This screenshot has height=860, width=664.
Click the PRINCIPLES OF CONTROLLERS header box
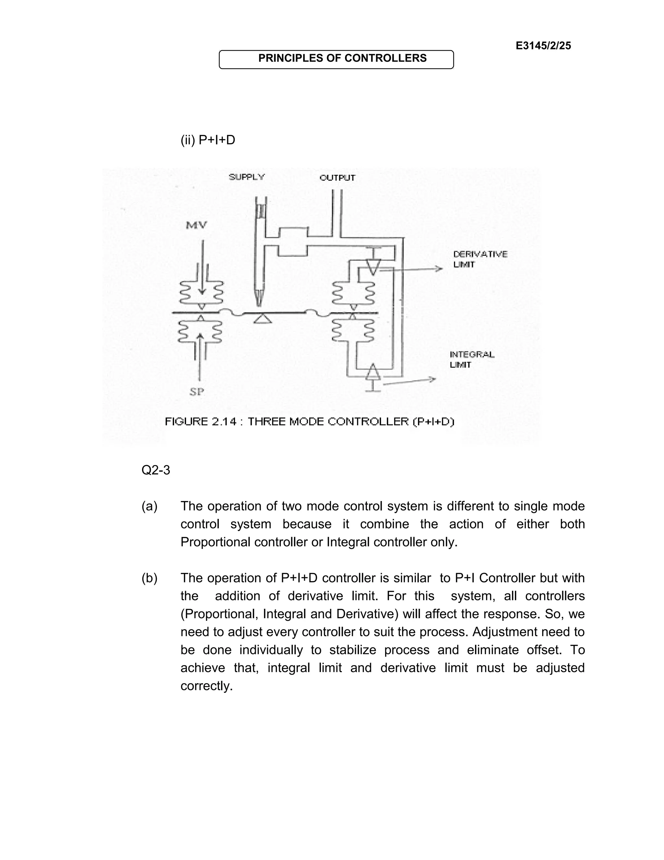coord(336,59)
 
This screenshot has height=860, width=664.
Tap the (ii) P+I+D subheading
coord(208,140)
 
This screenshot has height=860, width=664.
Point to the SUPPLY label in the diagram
coord(247,177)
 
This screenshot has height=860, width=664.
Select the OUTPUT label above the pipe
coord(337,178)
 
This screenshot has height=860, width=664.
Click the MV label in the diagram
coord(196,225)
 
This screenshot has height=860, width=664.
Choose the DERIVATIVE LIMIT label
coord(480,259)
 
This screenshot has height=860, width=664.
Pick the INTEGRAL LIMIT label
coord(472,360)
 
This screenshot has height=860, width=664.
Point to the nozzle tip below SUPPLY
coord(259,301)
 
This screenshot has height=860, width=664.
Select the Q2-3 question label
coord(156,470)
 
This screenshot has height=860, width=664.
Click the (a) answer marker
coord(149,506)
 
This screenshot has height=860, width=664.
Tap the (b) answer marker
coord(149,578)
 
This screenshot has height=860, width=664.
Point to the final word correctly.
coord(207,686)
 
